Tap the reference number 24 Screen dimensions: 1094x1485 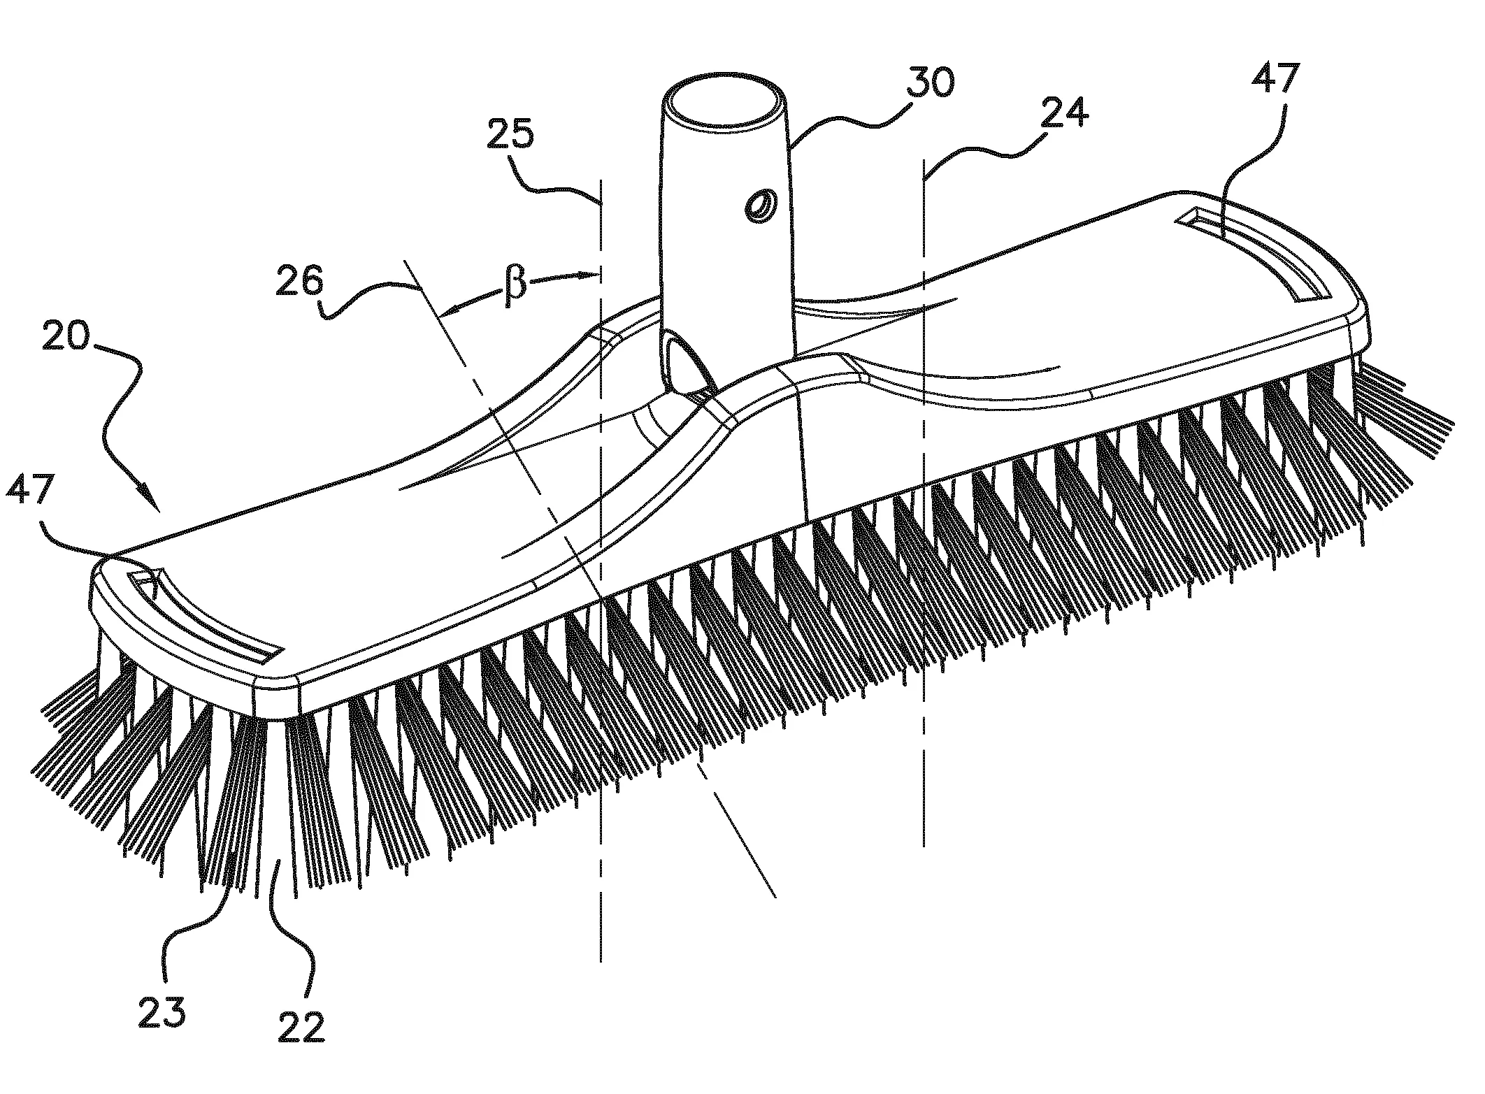tap(1063, 112)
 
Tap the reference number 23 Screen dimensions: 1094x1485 tap(162, 1012)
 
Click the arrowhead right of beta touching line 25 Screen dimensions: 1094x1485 tap(591, 275)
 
